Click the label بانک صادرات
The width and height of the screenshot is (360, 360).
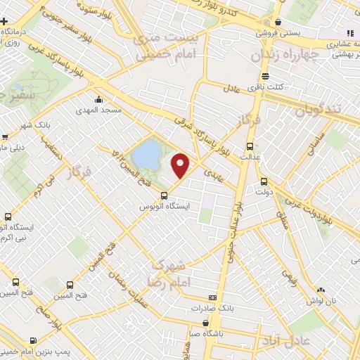[211, 309]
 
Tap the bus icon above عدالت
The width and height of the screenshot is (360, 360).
[249, 146]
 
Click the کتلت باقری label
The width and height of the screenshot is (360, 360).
[270, 86]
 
